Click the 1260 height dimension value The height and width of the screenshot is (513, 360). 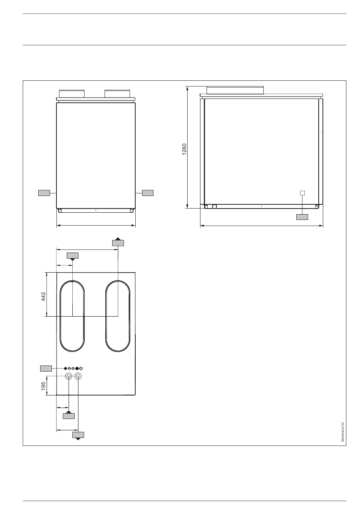tap(184, 149)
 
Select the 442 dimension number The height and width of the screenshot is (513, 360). tap(44, 297)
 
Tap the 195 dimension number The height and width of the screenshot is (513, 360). tap(43, 386)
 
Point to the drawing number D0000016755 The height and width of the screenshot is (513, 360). tap(342, 432)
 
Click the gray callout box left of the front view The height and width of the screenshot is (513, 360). tap(44, 193)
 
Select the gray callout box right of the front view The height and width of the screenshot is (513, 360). tap(148, 193)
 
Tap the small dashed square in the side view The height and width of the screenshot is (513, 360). tap(302, 193)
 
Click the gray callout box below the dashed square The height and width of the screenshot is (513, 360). tap(302, 217)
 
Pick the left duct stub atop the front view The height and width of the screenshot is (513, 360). tap(72, 94)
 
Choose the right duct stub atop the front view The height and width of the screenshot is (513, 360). tap(117, 94)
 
